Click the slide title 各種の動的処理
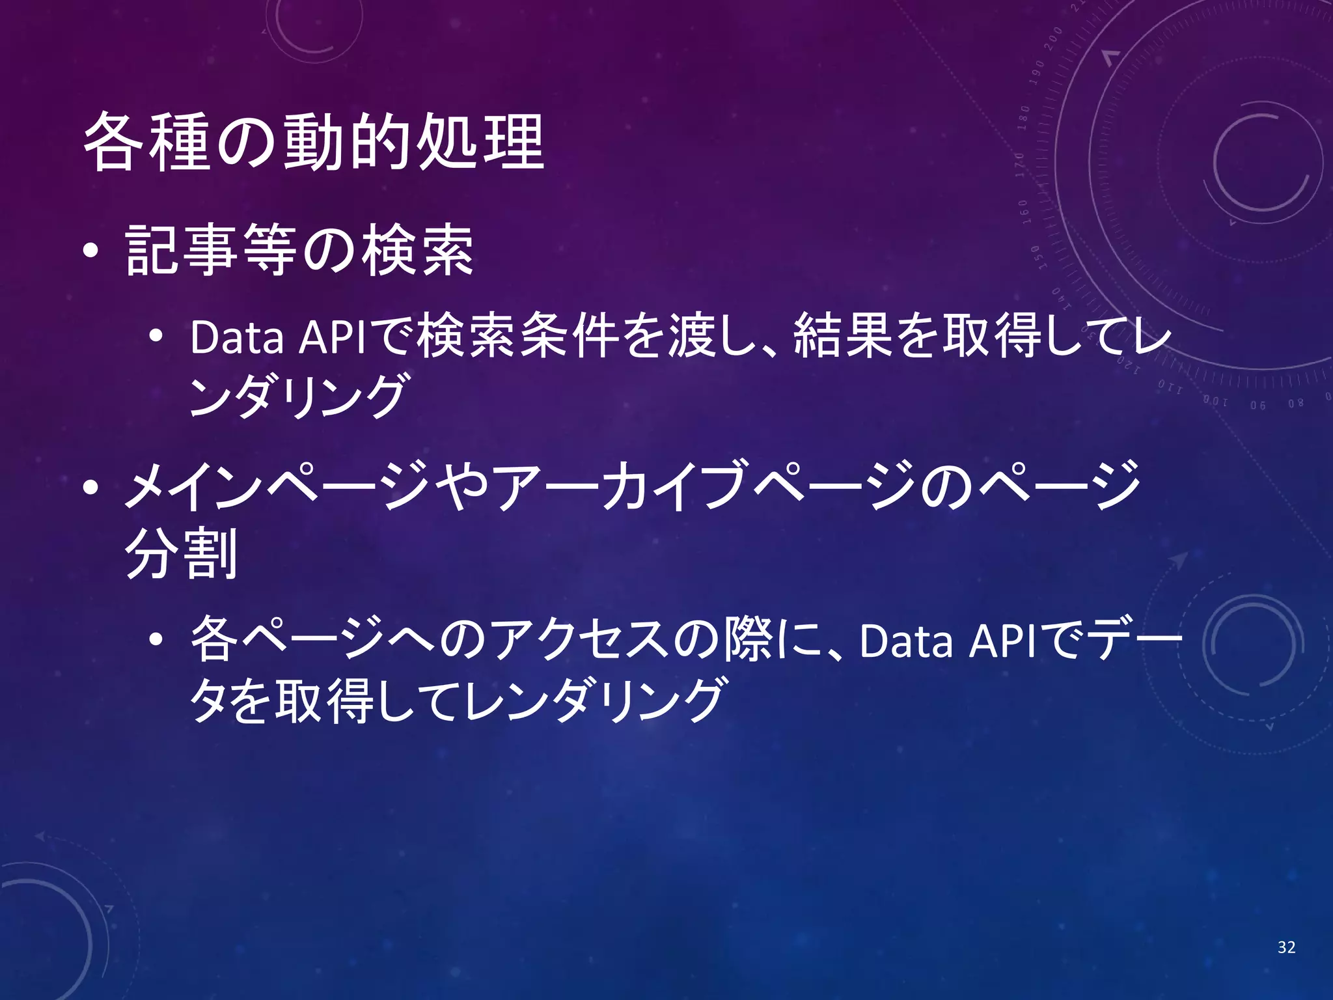(314, 142)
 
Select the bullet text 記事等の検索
(299, 251)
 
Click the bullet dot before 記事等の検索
(91, 251)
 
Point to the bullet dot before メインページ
(91, 487)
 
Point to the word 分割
(181, 553)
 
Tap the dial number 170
(1020, 165)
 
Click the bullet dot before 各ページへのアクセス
(156, 641)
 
